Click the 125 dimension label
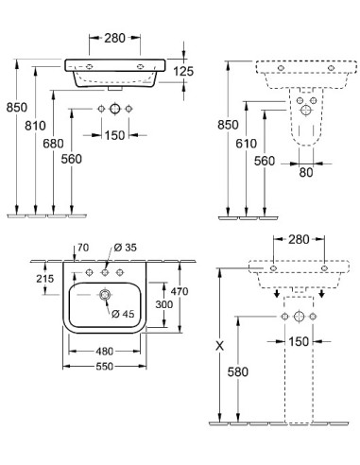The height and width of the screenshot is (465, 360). point(183,71)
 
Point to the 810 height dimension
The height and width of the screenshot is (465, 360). point(35,126)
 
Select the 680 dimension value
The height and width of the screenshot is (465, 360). point(53,144)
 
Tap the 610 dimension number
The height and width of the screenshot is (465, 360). point(246,144)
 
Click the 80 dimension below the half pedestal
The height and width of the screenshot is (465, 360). point(306,172)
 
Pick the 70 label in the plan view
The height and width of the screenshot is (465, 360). point(83,248)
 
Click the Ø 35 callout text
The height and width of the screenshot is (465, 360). point(125,248)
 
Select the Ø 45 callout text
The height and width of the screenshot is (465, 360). point(123,314)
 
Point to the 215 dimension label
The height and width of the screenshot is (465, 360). point(45,279)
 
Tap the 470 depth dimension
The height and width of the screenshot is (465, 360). point(180,291)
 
